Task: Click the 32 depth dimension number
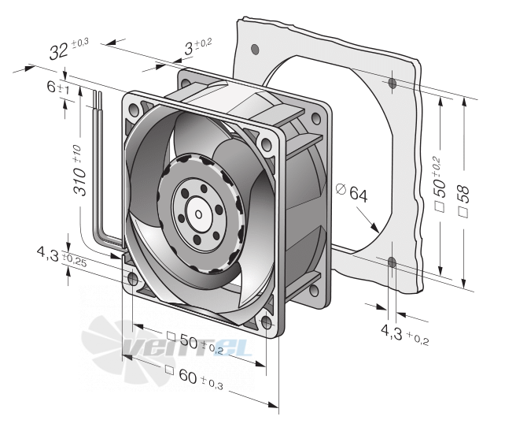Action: click(59, 51)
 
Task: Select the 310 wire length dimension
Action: click(79, 170)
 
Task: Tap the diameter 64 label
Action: click(352, 192)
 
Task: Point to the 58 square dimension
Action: click(464, 201)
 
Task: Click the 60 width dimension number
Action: click(187, 375)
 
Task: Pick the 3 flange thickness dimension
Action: click(189, 49)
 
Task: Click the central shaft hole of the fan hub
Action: click(199, 214)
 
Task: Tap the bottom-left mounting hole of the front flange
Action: click(133, 279)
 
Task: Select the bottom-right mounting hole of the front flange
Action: click(266, 322)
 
